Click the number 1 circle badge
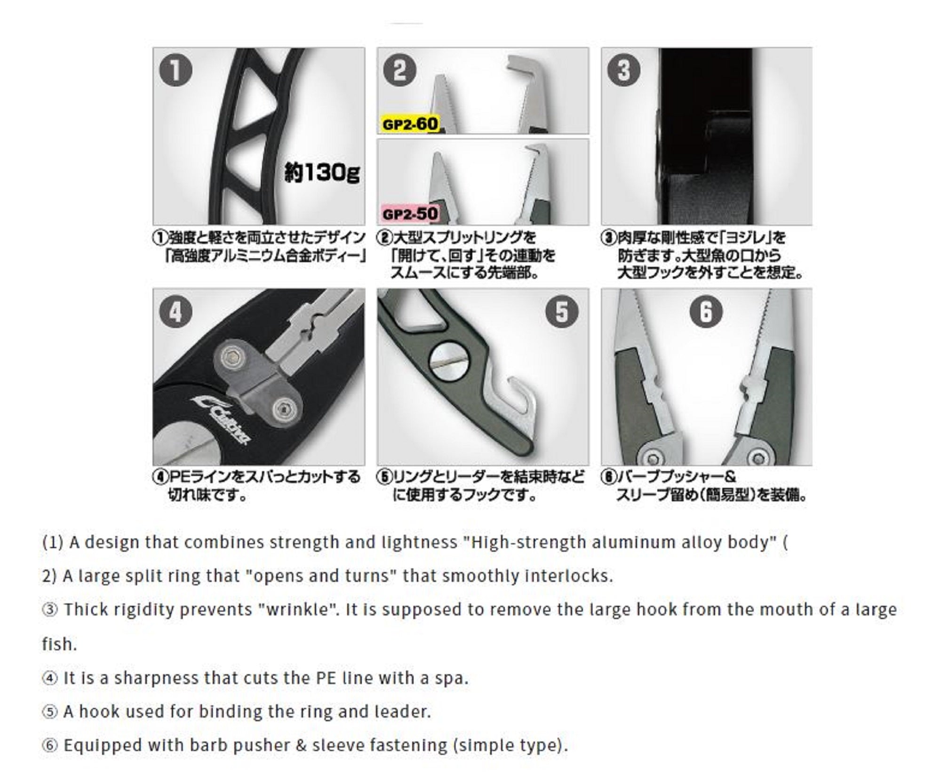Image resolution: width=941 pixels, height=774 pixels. (175, 70)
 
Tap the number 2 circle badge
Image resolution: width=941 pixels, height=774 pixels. (399, 70)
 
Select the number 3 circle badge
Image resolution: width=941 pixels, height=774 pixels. (623, 70)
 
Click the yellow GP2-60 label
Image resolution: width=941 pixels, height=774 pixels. (410, 124)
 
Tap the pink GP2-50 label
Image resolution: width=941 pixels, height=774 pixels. (410, 214)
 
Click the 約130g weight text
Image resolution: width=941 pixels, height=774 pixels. (322, 173)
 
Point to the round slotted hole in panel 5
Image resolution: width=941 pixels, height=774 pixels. (449, 362)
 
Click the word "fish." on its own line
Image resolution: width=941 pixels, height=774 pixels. (59, 645)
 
